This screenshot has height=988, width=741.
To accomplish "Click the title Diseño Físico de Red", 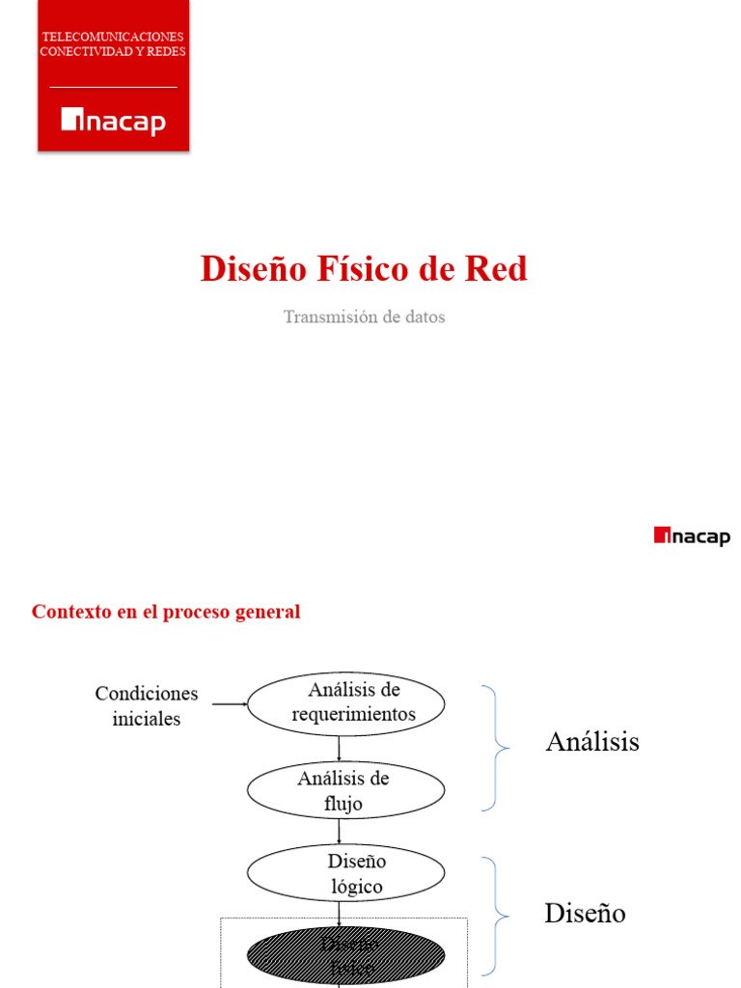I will [364, 269].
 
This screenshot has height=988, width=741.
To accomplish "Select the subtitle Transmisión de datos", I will [364, 316].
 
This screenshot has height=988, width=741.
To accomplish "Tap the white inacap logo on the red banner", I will [113, 122].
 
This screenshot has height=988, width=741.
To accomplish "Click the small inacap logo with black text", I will [692, 536].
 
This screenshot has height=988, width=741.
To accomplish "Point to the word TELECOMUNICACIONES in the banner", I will [113, 37].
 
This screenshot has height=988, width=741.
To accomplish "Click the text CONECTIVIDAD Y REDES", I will [113, 51].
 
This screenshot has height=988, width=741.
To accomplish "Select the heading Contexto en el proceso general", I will [166, 612].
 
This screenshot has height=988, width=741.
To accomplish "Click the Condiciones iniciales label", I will [146, 706].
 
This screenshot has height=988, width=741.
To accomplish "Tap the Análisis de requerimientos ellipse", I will [345, 703].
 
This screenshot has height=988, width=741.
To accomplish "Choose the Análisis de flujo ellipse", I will [345, 790].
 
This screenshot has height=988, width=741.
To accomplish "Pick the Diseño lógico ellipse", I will [345, 873].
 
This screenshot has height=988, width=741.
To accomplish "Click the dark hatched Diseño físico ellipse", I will [345, 955].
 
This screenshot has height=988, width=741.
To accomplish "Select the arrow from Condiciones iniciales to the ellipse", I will [230, 704].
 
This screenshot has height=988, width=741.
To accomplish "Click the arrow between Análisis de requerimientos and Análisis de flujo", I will [340, 749].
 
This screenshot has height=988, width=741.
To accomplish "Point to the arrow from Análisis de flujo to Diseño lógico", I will [340, 832].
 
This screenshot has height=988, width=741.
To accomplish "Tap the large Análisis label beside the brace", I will [592, 742].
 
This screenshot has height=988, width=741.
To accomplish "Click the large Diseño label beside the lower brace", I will [585, 913].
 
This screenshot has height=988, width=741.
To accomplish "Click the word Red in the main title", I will [496, 269].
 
